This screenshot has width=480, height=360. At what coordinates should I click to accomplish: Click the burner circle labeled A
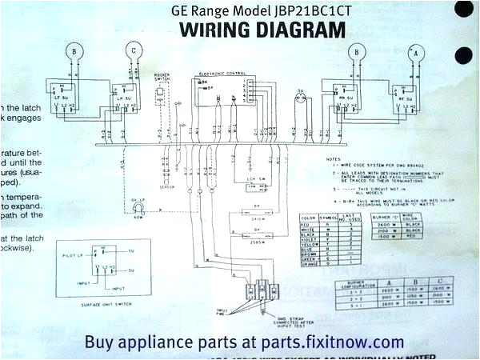[414, 52]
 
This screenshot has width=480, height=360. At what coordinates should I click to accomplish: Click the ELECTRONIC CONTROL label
[223, 73]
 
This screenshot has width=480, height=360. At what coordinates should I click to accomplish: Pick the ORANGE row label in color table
[307, 266]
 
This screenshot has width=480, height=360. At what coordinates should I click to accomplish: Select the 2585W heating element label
[258, 242]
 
